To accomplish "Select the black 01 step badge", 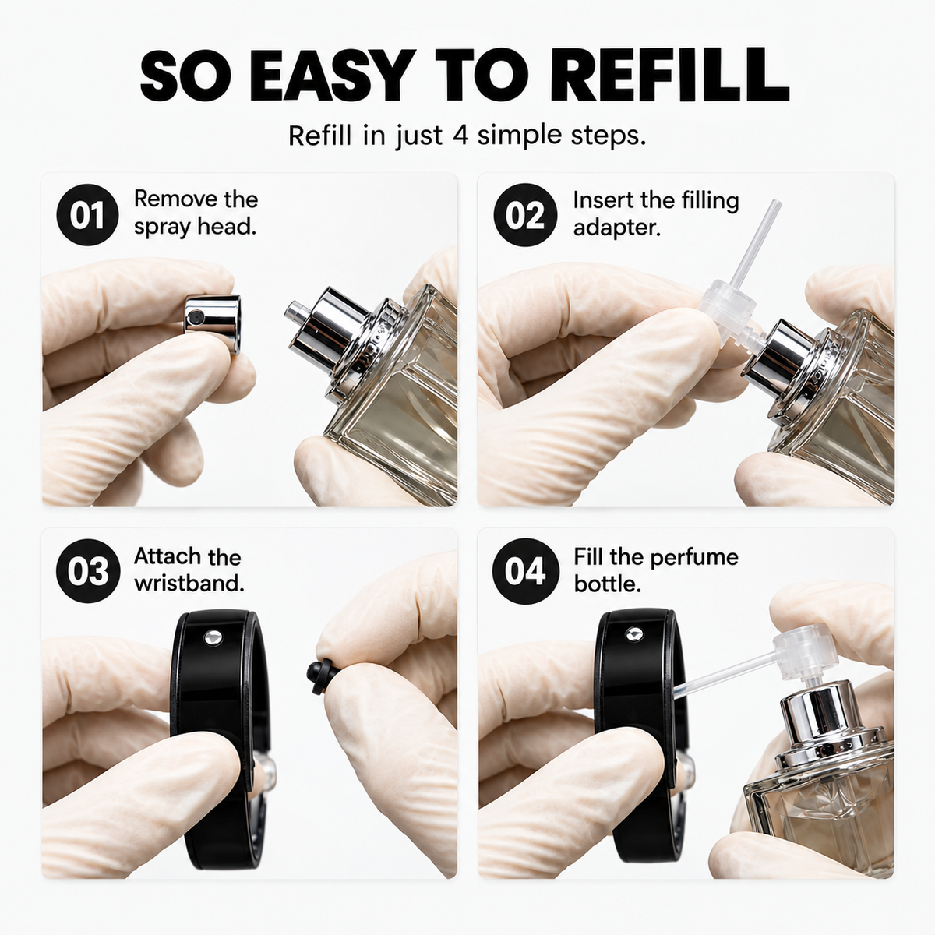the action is (87, 215).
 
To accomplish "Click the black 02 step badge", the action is (524, 215).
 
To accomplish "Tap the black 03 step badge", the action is (88, 570).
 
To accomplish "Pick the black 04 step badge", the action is (524, 570).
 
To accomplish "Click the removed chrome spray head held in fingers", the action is (213, 322).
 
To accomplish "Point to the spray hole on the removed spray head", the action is (196, 317).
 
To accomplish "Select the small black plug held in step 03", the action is (319, 676).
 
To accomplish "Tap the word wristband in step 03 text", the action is (189, 584).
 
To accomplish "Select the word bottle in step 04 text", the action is (608, 584).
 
